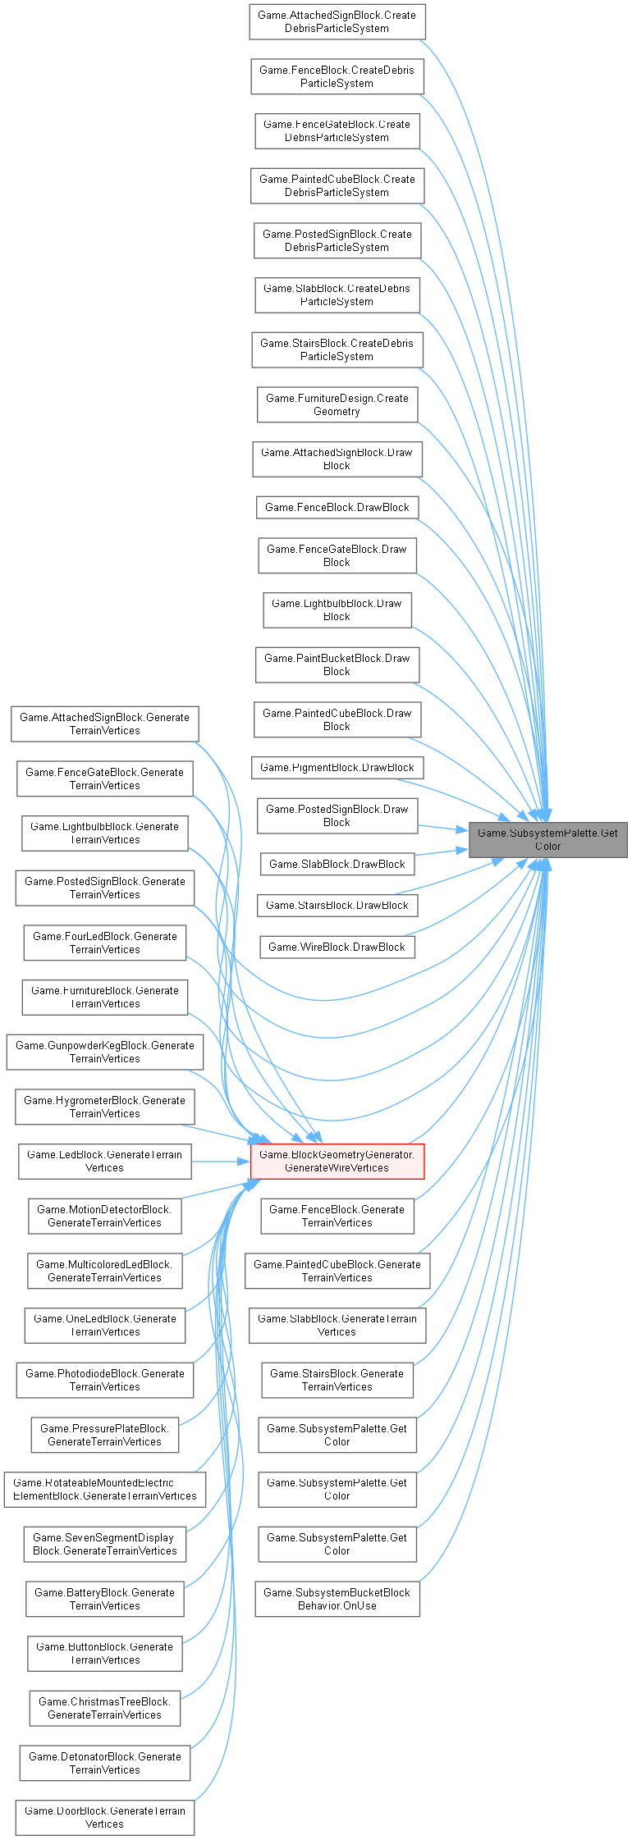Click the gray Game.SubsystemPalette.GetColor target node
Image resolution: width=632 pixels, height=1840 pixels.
click(547, 839)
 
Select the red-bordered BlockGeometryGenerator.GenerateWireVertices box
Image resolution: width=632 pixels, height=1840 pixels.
click(337, 1161)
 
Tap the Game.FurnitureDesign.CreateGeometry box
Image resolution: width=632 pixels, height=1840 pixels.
click(337, 404)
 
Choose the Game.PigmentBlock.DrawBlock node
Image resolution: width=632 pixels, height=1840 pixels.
click(337, 768)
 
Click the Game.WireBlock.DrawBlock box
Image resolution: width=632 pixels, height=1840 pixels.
click(337, 947)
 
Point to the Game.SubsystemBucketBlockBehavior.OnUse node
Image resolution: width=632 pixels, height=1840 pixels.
click(337, 1599)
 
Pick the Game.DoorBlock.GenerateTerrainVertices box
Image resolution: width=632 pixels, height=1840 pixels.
click(104, 1817)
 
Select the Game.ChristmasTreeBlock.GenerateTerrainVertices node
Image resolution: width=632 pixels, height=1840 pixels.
click(104, 1708)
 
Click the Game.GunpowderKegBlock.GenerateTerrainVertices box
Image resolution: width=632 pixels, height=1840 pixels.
click(104, 1052)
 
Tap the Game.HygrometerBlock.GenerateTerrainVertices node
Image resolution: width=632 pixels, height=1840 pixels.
click(104, 1107)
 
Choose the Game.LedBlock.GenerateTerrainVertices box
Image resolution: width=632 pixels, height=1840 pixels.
click(104, 1161)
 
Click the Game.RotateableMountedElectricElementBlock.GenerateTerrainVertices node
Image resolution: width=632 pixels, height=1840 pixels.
click(104, 1489)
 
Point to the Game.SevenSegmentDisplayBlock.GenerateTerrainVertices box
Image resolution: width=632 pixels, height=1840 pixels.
click(104, 1544)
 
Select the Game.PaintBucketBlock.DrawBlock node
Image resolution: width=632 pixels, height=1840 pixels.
click(337, 664)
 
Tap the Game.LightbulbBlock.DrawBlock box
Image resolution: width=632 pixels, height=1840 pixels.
click(337, 610)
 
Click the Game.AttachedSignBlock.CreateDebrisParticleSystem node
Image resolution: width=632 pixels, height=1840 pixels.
click(337, 21)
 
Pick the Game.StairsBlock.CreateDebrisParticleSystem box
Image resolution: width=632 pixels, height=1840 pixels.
click(337, 349)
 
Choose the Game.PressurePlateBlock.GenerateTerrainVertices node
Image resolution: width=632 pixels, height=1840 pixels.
click(104, 1435)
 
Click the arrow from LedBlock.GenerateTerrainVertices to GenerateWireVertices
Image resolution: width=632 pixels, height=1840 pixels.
click(220, 1161)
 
